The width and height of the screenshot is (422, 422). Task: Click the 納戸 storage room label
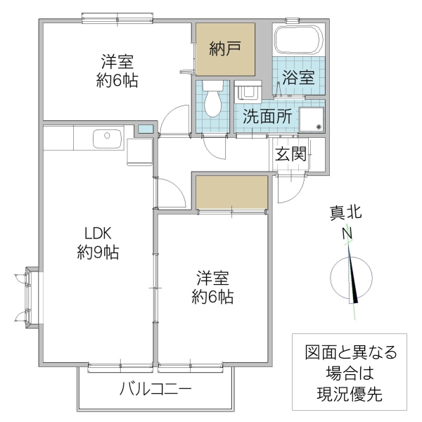click(x=225, y=49)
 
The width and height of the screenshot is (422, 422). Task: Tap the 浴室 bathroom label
click(x=298, y=77)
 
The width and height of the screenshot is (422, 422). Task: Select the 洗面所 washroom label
click(x=267, y=117)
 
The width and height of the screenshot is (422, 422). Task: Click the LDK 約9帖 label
click(x=97, y=243)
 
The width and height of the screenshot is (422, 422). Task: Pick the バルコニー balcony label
click(x=155, y=388)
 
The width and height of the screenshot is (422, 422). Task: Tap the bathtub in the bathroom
click(x=298, y=40)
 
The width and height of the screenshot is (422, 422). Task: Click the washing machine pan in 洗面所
click(x=312, y=118)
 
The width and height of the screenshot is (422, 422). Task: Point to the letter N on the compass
click(x=347, y=234)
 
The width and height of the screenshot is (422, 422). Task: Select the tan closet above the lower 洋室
click(x=231, y=193)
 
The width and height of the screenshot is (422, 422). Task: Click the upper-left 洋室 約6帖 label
click(x=117, y=70)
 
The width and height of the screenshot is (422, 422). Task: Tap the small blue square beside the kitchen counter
click(x=144, y=130)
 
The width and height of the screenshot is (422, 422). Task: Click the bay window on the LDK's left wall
click(x=29, y=297)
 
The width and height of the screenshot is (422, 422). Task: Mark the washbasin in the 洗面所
click(x=248, y=92)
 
